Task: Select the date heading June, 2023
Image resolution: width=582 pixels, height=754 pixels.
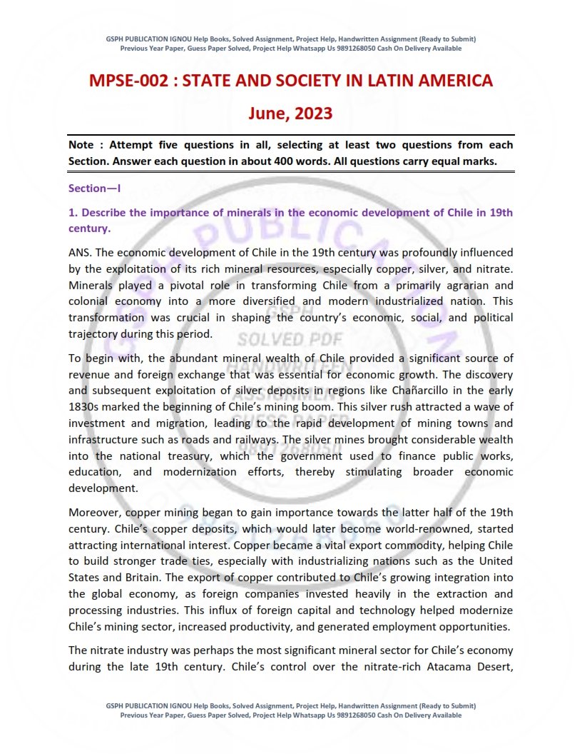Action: point(290,113)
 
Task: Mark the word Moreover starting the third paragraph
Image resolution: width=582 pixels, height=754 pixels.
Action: point(95,512)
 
